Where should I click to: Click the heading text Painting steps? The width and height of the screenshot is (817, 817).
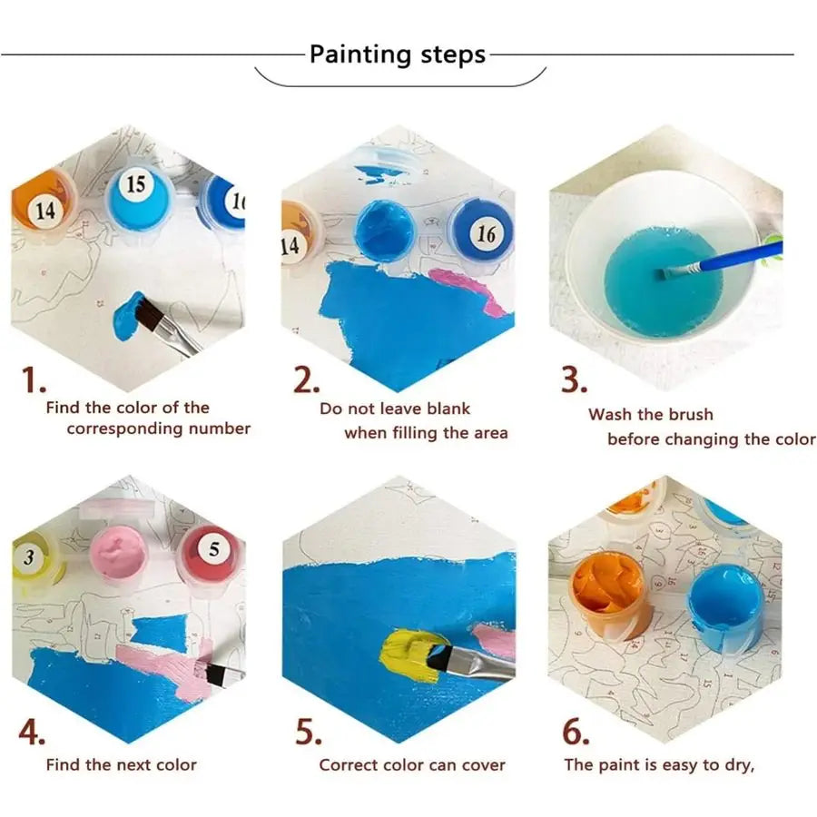coord(397,54)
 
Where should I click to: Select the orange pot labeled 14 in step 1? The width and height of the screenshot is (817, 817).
coord(41,202)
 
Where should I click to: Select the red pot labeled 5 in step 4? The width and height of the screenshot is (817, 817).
coord(210,553)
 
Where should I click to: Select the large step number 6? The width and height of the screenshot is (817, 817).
coord(577,731)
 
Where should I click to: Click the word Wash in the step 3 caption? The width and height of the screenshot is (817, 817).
coord(613,415)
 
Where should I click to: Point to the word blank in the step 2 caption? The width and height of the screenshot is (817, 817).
coord(445,408)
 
